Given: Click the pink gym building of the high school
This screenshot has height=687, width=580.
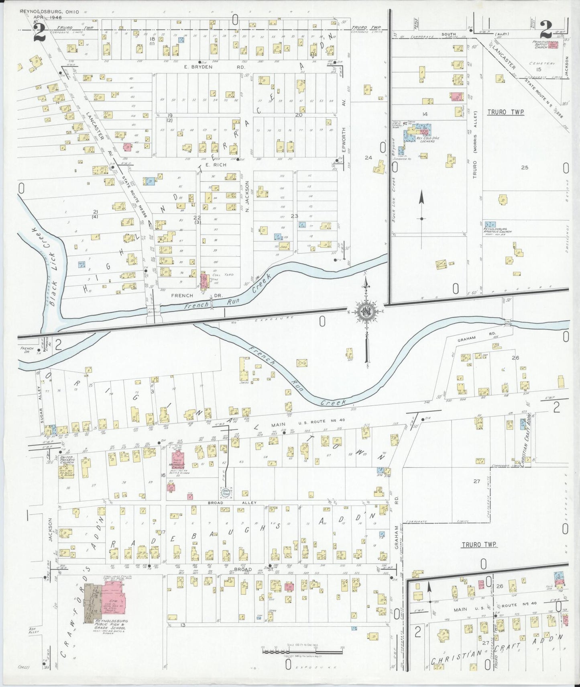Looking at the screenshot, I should (x=113, y=599).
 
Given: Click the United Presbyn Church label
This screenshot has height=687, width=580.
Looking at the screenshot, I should (x=67, y=460).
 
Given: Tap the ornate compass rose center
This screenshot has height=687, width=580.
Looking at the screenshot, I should (x=366, y=311).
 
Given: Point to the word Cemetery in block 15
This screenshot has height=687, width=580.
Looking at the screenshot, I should (x=542, y=63).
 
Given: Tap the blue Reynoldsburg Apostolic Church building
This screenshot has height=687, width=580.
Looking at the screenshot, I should (x=490, y=224).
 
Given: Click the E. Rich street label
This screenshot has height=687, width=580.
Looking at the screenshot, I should (x=216, y=165).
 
